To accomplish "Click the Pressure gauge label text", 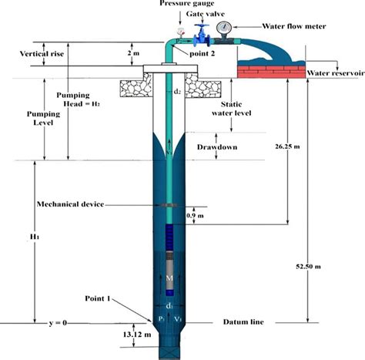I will coord(186,5).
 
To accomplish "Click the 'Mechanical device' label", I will coord(72,204).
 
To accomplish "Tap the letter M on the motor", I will coord(169,276).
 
